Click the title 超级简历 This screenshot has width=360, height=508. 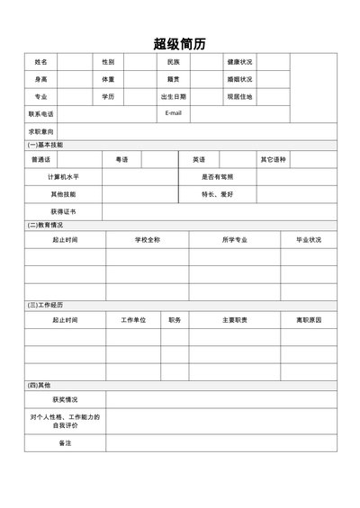coord(179,41)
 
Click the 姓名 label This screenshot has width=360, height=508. coord(40,62)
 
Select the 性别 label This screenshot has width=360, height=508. coord(108,62)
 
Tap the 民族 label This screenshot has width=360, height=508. coord(174,62)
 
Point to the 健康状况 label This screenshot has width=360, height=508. coord(239,62)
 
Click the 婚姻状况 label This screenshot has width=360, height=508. coord(239,79)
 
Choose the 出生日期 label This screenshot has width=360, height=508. coord(174,96)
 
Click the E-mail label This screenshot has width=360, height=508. coord(174,113)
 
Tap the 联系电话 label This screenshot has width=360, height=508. coord(40,114)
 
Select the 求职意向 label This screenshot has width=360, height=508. coord(40,131)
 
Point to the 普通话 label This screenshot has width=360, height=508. coord(40,159)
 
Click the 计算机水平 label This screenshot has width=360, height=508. coord(64,176)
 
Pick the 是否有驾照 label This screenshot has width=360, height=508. coord(217,176)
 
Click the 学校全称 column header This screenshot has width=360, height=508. coord(148,240)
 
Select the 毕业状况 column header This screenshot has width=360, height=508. coord(309,240)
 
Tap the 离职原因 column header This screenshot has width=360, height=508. coord(309,320)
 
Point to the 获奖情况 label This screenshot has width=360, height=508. coord(65,399)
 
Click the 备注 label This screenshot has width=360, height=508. coord(65,443)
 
